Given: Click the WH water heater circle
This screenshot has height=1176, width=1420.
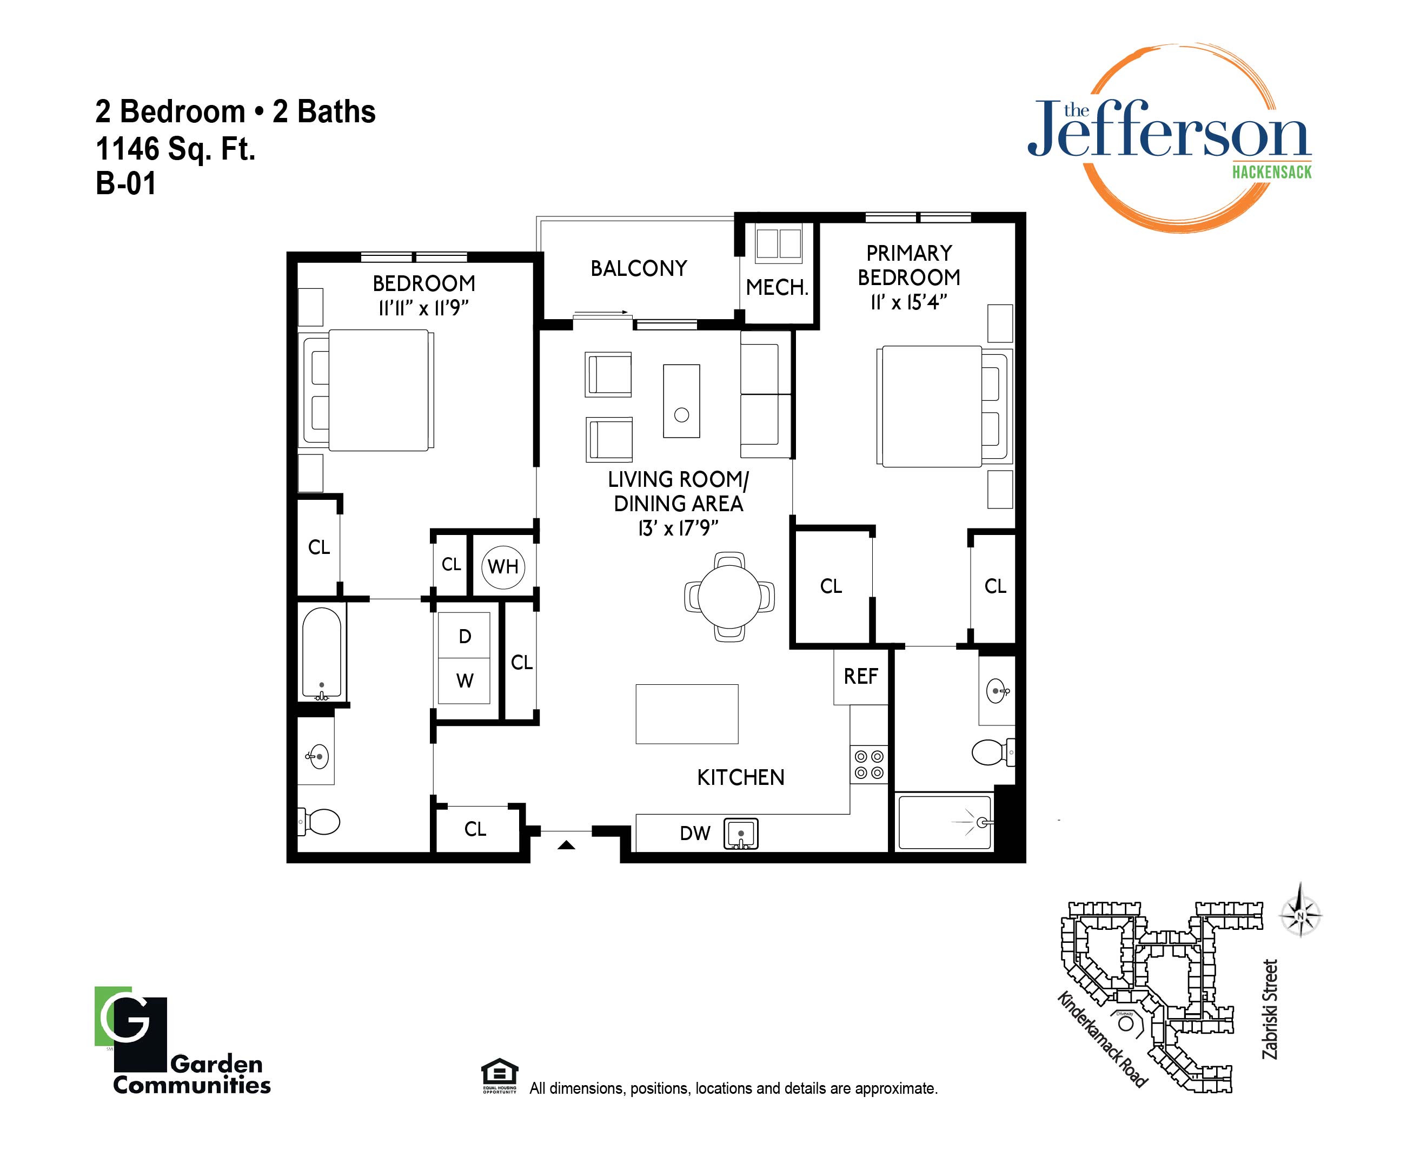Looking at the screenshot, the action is [503, 567].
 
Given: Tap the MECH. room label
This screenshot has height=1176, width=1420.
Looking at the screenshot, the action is [777, 287].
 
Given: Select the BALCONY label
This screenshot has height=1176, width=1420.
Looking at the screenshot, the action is [639, 268].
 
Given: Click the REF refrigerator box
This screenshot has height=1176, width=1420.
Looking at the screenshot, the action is [861, 676].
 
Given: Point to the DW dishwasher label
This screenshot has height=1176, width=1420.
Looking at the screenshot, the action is [695, 833].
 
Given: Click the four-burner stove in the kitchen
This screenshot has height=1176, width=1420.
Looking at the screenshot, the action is [869, 764].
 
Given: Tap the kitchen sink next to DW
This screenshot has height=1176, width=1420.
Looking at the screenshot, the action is [741, 834].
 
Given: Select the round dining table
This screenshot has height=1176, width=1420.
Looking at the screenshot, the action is [729, 597].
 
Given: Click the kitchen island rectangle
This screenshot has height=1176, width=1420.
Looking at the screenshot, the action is [687, 714].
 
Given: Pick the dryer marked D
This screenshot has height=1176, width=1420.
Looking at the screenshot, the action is [464, 636].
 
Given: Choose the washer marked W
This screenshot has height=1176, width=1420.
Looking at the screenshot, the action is [464, 681].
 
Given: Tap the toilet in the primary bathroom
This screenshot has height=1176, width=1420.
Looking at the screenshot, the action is [993, 752].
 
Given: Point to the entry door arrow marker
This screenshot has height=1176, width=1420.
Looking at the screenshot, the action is [566, 844].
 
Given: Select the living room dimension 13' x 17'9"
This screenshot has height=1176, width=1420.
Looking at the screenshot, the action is [678, 528].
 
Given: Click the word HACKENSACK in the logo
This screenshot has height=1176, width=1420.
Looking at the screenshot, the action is [1272, 173].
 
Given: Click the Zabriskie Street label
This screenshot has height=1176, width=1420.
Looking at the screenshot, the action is [1270, 1009].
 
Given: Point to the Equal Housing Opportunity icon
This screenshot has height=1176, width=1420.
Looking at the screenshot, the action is [499, 1076].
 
